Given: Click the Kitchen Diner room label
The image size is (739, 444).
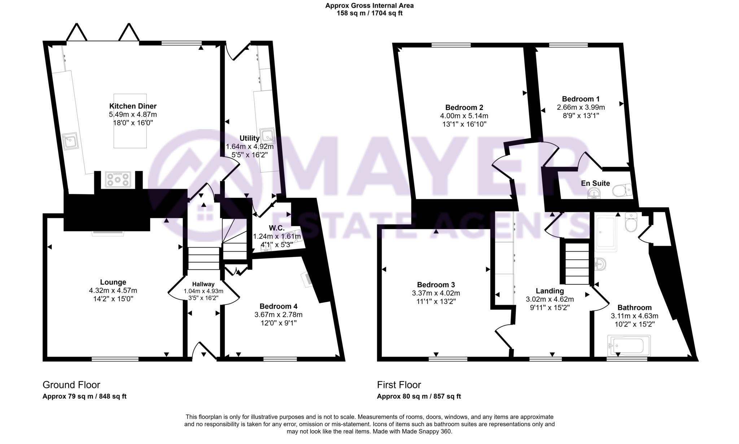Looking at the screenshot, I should coord(133,106).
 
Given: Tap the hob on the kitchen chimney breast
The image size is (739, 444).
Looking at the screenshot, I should coord(118,179).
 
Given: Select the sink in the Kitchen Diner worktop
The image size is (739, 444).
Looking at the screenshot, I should coord(70,141).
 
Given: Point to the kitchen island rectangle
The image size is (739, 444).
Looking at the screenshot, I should coord(130,121).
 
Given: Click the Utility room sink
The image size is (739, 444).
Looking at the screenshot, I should coord(268,136).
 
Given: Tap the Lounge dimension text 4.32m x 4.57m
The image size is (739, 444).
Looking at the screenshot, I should coord(113,290).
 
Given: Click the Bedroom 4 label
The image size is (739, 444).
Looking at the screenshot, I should coord(278,306).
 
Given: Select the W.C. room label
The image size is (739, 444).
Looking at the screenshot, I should coord(277,228).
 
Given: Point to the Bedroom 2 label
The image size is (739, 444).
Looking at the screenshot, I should coord(464,107).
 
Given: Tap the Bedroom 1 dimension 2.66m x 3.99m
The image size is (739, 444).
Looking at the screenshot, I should coord(581,107).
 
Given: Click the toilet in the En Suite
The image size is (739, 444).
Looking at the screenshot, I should coord(622,190).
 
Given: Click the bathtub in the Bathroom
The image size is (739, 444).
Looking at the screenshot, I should coord(629,346).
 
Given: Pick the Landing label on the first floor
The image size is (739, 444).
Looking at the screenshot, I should coord(550,291).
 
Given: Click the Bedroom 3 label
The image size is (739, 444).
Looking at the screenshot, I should coord(436,284).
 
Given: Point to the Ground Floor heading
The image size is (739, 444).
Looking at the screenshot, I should coord(71,385).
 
